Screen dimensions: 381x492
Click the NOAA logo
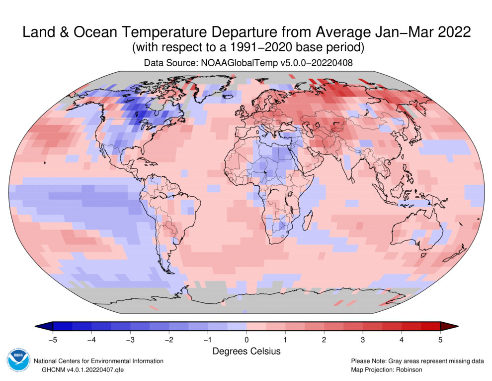coord(18,362)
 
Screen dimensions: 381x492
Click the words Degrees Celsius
coord(246,351)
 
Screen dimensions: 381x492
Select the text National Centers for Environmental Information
coord(98,361)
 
